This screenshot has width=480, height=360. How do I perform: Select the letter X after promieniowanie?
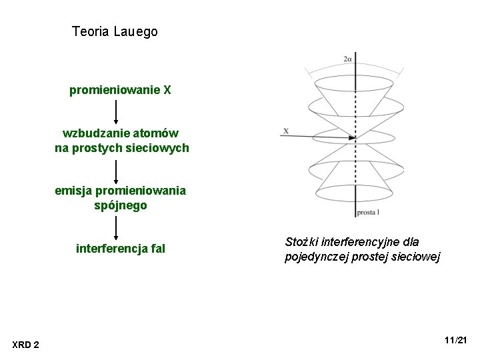point(167,90)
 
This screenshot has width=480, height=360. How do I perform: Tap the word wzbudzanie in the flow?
point(91,133)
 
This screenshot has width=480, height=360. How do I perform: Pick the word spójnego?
point(121,205)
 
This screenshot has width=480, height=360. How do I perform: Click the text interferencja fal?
point(121,249)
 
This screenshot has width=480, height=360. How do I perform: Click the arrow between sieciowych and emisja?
point(117,171)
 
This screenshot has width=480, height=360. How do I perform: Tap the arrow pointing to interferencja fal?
point(117,227)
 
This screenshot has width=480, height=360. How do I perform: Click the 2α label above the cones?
point(348,59)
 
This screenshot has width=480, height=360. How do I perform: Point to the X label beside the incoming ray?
point(285,131)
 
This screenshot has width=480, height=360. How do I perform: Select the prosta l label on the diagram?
point(368,213)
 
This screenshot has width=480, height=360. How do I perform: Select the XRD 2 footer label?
point(26,344)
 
